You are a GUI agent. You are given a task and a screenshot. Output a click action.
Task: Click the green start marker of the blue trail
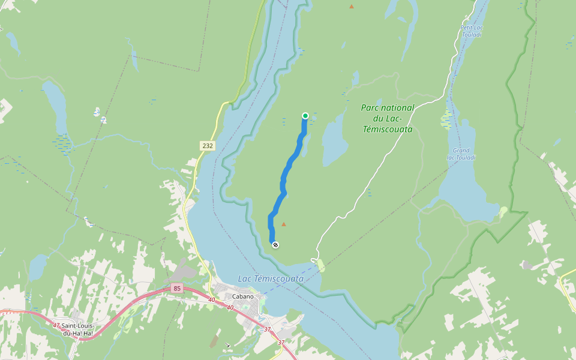(x=305, y=116)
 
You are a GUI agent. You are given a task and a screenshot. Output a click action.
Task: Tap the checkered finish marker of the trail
(x=275, y=244)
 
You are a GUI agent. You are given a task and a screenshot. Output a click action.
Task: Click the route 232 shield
(x=207, y=146)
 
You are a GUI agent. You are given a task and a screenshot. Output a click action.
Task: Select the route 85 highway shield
(x=176, y=289)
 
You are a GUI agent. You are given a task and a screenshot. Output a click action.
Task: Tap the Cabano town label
(x=243, y=296)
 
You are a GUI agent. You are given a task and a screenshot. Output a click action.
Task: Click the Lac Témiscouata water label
(x=271, y=278)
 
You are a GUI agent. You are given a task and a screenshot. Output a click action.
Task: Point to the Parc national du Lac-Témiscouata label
(x=387, y=118)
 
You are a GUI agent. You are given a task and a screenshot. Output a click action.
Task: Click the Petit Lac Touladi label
(x=472, y=31)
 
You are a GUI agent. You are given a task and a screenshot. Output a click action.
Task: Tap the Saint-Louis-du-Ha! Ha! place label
(x=78, y=329)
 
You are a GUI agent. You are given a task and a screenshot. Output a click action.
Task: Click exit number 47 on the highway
(x=56, y=325)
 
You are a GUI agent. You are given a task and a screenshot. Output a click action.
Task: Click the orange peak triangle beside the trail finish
(x=284, y=224)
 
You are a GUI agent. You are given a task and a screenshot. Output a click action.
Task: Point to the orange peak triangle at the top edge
(x=352, y=7)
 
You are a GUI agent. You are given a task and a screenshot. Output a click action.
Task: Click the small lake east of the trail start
(x=334, y=143)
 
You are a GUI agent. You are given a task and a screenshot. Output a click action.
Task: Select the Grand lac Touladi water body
(x=468, y=192)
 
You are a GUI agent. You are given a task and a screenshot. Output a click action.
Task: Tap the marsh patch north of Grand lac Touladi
(x=446, y=119)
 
